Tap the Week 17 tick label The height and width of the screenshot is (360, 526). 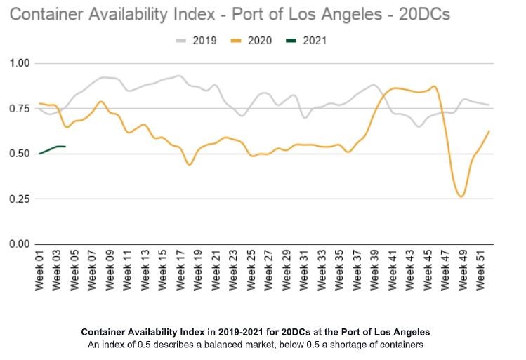point(181,270)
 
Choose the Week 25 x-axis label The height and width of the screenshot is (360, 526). point(251,270)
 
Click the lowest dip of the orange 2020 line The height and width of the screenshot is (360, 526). point(461,196)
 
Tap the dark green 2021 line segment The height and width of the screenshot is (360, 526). point(53,147)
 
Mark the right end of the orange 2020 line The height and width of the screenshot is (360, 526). point(488,131)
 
